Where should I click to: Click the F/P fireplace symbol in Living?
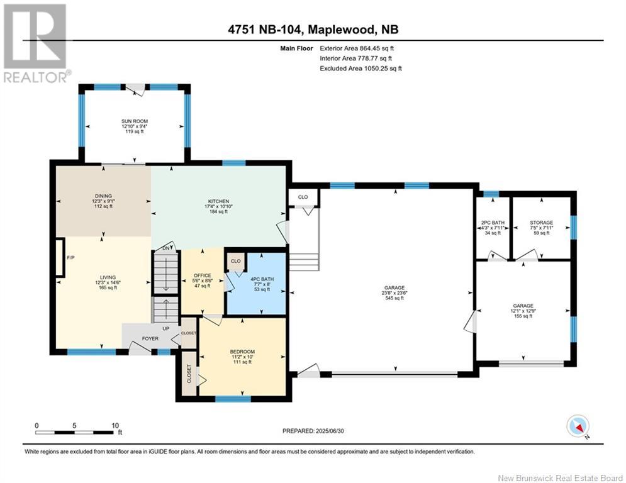[x=60, y=257]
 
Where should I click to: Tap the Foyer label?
[x=150, y=338]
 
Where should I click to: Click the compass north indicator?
[x=578, y=426]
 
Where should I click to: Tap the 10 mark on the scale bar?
[x=115, y=425]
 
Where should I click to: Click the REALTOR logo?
[x=35, y=43]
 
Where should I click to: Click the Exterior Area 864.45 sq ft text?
[x=357, y=48]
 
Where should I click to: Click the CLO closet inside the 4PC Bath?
[x=236, y=261]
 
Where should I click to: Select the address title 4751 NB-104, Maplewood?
[x=313, y=30]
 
